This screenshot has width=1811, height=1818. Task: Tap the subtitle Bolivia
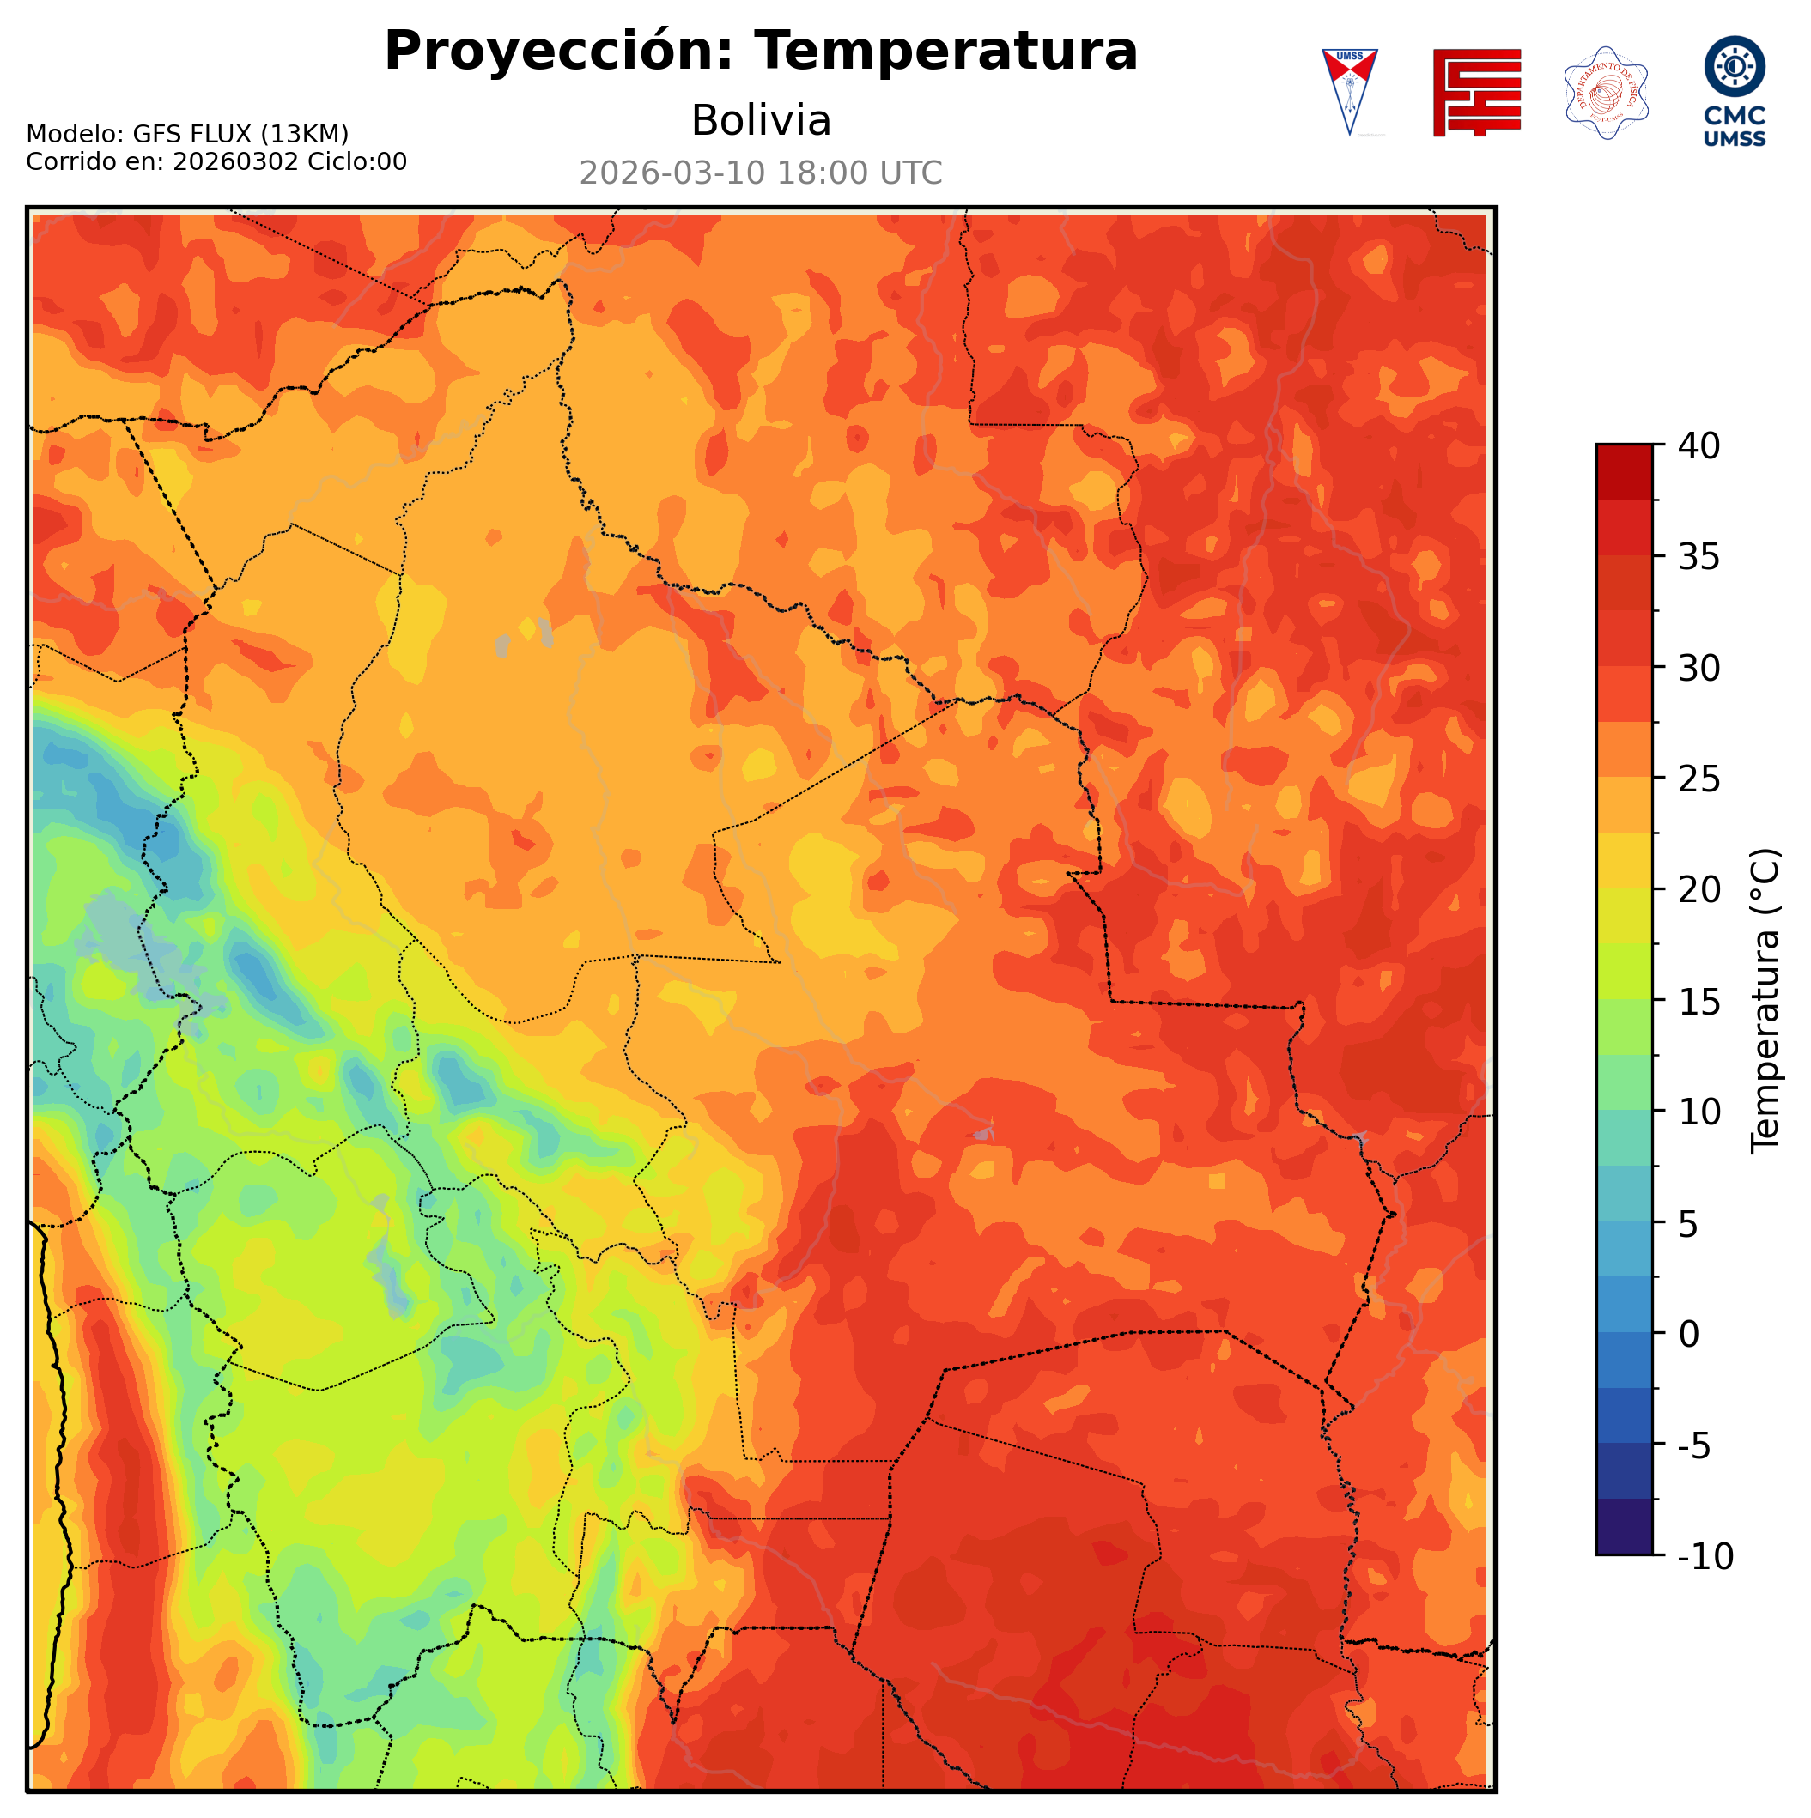click(761, 120)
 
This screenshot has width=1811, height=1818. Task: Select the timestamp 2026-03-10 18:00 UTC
click(761, 173)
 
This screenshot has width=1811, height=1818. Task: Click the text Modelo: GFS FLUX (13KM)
click(187, 134)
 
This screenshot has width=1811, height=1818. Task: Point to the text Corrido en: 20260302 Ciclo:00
click(216, 162)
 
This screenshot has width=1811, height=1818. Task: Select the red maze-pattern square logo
click(1476, 92)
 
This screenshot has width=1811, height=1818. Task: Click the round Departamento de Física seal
click(1606, 92)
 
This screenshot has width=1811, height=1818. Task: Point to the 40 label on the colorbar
click(1699, 446)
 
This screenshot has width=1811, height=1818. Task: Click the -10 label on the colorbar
click(1705, 1557)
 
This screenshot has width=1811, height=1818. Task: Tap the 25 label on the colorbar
click(1699, 779)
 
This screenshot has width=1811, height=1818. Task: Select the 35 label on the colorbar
click(1699, 557)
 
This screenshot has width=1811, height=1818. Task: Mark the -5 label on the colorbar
click(1695, 1446)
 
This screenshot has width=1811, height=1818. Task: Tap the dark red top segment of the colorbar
click(1624, 470)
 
